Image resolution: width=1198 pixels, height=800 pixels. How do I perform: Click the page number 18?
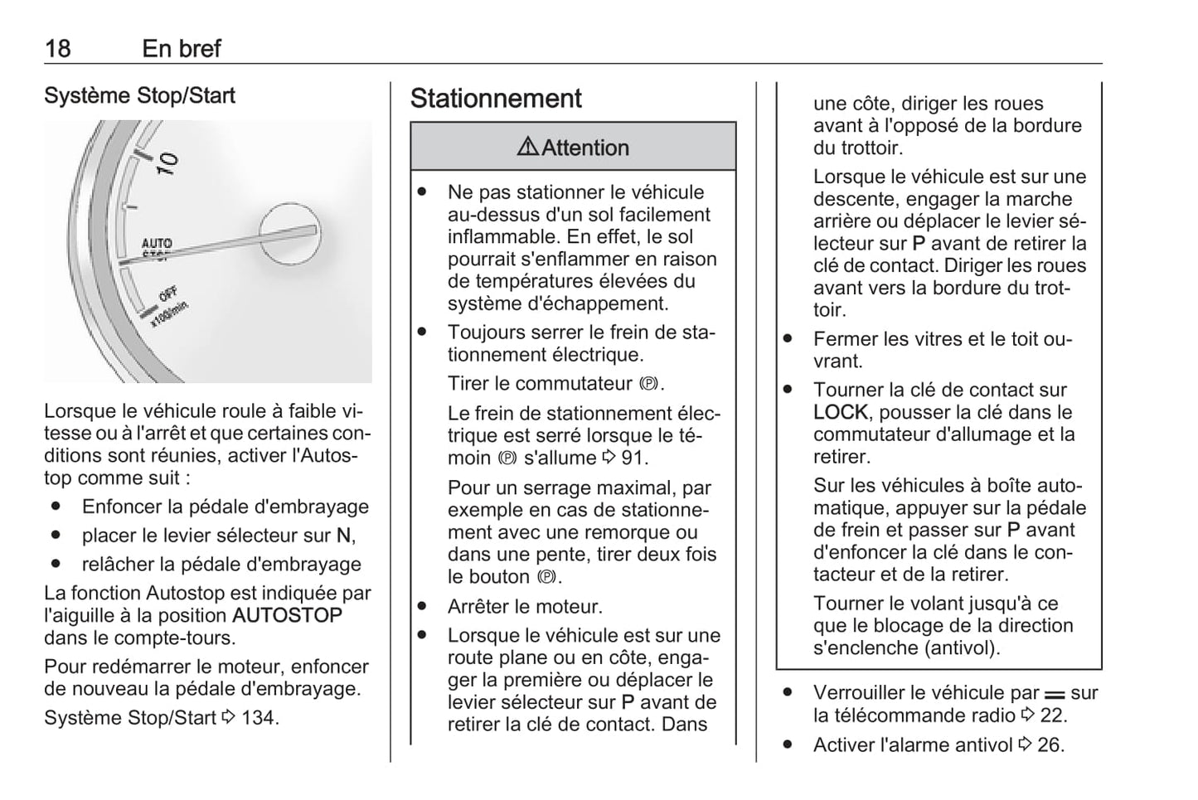point(57,48)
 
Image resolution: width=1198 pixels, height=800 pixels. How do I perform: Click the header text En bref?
point(181,48)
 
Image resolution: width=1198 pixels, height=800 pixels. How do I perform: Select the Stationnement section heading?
point(496,99)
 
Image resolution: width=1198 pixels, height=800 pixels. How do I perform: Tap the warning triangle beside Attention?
point(527,148)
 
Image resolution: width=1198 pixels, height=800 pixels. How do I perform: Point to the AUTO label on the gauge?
point(157,244)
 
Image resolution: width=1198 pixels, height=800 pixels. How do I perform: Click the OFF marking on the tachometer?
point(168,294)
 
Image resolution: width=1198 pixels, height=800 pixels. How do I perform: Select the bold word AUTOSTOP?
point(288,616)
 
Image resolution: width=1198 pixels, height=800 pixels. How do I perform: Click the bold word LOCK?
point(840,412)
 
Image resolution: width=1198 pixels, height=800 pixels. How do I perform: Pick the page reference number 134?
point(258,717)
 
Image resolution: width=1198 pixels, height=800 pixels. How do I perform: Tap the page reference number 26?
point(1049,745)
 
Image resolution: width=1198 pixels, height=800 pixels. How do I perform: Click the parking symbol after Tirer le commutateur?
point(648,385)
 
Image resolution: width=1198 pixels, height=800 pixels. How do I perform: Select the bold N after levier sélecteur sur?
point(343,536)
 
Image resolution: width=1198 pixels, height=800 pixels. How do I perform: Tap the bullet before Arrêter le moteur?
point(423,606)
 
